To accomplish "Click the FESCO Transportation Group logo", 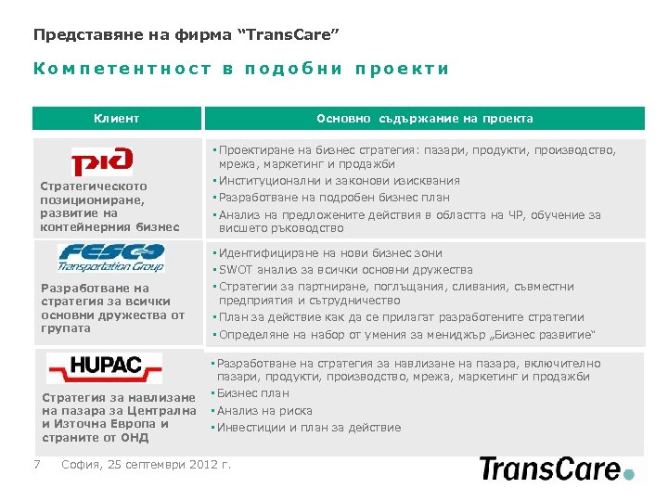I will [x=111, y=257].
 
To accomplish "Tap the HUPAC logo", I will [x=104, y=367].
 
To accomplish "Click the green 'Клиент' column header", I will [x=117, y=119].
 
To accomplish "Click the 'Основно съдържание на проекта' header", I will [x=424, y=119].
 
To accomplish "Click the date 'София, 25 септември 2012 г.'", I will [x=146, y=465].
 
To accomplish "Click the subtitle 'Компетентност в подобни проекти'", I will [x=241, y=69].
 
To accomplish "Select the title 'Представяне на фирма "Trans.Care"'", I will [x=186, y=35].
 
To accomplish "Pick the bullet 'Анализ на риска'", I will [x=265, y=411].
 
